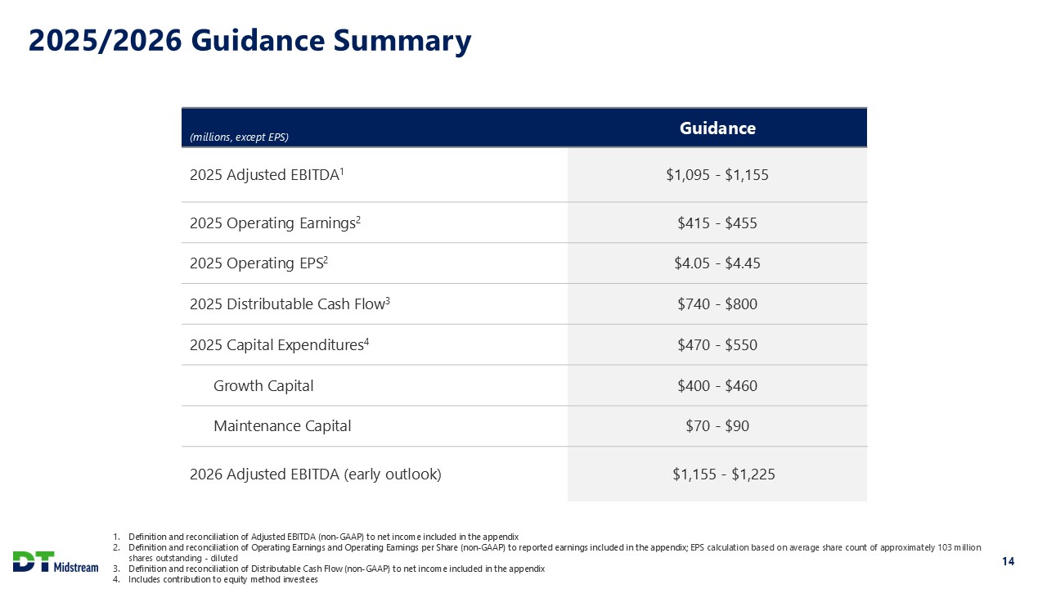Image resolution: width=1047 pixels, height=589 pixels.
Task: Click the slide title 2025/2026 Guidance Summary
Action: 249,41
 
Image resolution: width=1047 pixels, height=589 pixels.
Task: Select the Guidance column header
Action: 717,128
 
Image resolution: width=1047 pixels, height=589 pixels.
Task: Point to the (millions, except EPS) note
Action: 239,137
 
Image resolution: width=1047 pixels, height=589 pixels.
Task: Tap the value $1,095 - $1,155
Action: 717,174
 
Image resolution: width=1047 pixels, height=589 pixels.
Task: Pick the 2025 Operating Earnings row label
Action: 275,223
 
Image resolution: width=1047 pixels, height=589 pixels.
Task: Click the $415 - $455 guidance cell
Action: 717,223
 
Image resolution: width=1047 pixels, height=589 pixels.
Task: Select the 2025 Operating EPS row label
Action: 259,263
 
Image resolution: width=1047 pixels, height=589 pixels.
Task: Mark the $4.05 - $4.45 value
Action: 717,263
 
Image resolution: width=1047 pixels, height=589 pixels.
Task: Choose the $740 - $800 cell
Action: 717,304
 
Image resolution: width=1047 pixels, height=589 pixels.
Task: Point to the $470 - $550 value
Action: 717,345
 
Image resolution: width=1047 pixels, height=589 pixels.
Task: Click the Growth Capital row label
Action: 263,385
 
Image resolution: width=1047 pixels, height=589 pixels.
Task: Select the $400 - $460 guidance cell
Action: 717,385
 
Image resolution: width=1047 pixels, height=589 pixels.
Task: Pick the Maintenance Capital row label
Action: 282,426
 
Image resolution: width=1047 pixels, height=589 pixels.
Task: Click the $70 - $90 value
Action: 717,426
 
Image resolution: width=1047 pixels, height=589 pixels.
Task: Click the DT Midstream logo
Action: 56,562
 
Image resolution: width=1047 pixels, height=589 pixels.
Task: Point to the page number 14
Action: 1008,561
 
